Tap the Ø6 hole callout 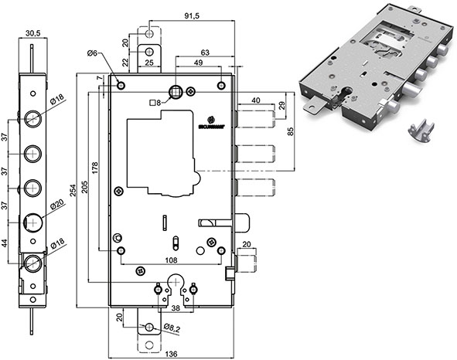[x=93, y=53]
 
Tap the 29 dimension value [x=282, y=104]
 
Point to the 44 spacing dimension [x=6, y=243]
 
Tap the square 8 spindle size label [x=155, y=103]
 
